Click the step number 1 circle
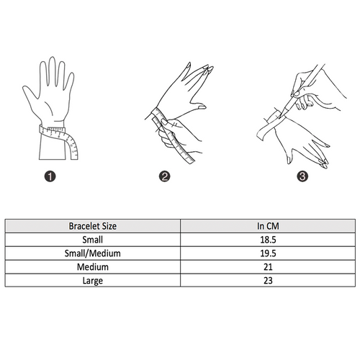(x=50, y=176)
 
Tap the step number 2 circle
(x=164, y=176)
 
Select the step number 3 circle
(x=302, y=176)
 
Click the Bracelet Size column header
(x=93, y=226)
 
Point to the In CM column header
(x=268, y=226)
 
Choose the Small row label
(x=93, y=240)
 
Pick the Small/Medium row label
(x=93, y=253)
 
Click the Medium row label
(x=93, y=267)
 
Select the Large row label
(x=93, y=281)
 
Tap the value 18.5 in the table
(x=268, y=240)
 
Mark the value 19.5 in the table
(x=268, y=253)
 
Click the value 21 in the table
(x=268, y=267)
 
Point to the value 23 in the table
(x=268, y=281)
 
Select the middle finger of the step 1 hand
(x=53, y=71)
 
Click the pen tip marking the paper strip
(x=281, y=117)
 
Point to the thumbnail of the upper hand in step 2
(x=202, y=107)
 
